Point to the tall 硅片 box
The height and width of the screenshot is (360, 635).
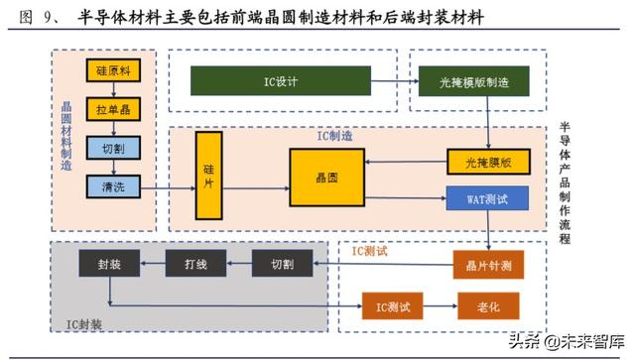[x=208, y=175]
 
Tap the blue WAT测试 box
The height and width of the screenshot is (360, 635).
[x=486, y=198]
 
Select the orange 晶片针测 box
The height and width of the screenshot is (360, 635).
[x=486, y=265]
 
